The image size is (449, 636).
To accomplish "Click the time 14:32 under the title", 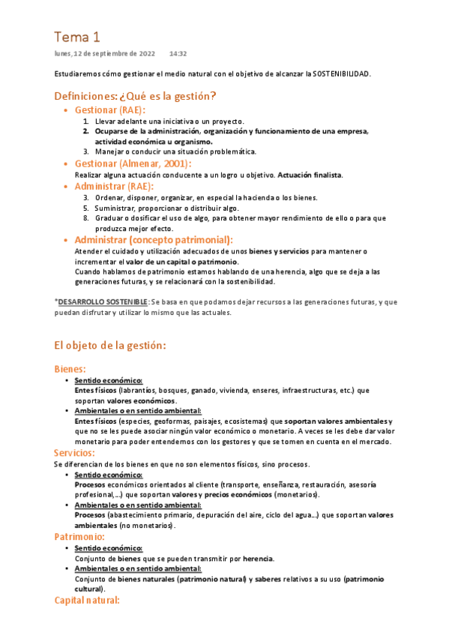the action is [178, 54].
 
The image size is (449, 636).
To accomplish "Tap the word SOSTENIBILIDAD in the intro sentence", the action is [342, 74].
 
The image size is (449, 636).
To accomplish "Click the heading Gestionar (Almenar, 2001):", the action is [133, 163].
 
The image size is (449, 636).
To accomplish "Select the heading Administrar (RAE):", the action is [114, 186].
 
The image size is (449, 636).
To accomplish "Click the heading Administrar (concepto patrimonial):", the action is [153, 239].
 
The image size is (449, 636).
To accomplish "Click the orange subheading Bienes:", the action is [70, 369].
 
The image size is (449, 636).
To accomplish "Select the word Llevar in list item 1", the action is [106, 121].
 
